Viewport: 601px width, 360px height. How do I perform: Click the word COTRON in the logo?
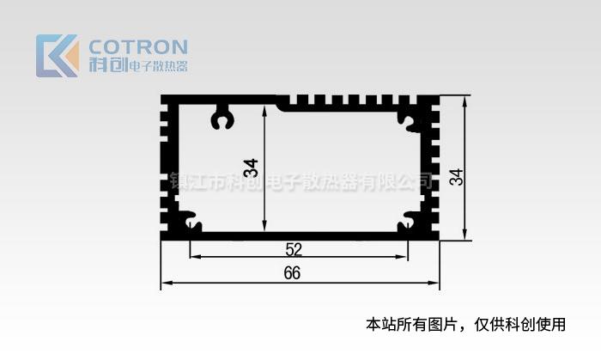pyautogui.click(x=137, y=46)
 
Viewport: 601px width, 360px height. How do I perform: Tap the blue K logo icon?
pyautogui.click(x=57, y=56)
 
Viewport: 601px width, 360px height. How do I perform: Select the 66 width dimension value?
pyautogui.click(x=292, y=273)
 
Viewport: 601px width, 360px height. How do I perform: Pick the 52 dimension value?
pyautogui.click(x=294, y=249)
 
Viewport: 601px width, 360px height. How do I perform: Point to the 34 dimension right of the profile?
pyautogui.click(x=456, y=177)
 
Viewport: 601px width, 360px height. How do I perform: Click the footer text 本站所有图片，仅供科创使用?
pyautogui.click(x=466, y=325)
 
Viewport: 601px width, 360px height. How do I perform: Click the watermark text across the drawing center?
pyautogui.click(x=300, y=182)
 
